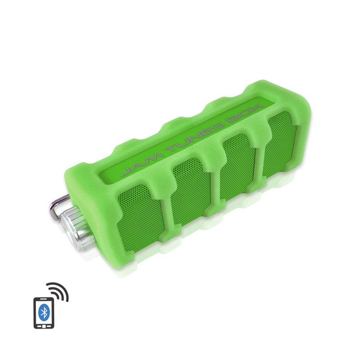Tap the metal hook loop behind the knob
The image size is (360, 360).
pyautogui.click(x=58, y=207)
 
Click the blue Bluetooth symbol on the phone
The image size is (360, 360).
pyautogui.click(x=44, y=312)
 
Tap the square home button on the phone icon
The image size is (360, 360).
pyautogui.click(x=44, y=326)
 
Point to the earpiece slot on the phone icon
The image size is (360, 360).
pyautogui.click(x=44, y=300)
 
